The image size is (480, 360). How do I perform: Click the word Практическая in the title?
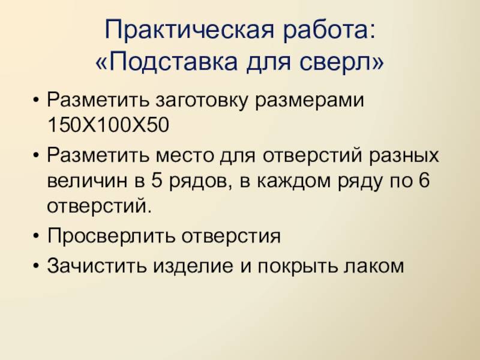click(x=189, y=31)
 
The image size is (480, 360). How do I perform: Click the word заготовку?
click(x=201, y=100)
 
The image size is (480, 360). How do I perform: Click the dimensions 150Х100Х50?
click(x=109, y=125)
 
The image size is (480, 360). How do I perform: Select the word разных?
click(x=404, y=156)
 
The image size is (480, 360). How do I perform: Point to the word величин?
click(x=87, y=181)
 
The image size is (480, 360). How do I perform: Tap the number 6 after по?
click(x=424, y=181)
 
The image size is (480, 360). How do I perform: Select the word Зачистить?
click(x=97, y=265)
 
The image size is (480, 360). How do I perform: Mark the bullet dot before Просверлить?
click(x=37, y=236)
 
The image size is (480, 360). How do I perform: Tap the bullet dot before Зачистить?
click(x=37, y=266)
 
